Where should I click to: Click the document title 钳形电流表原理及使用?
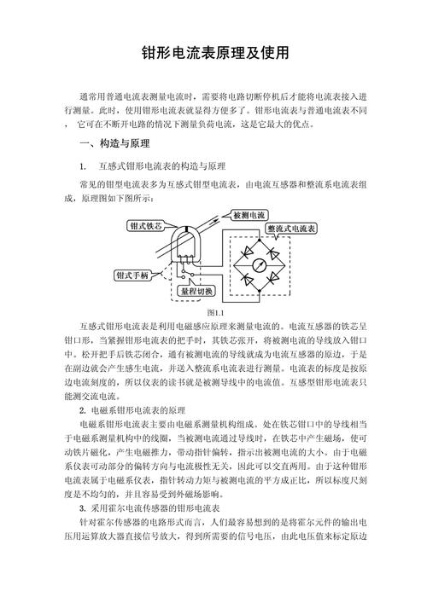(214, 53)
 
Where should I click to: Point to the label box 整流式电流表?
(292, 229)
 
